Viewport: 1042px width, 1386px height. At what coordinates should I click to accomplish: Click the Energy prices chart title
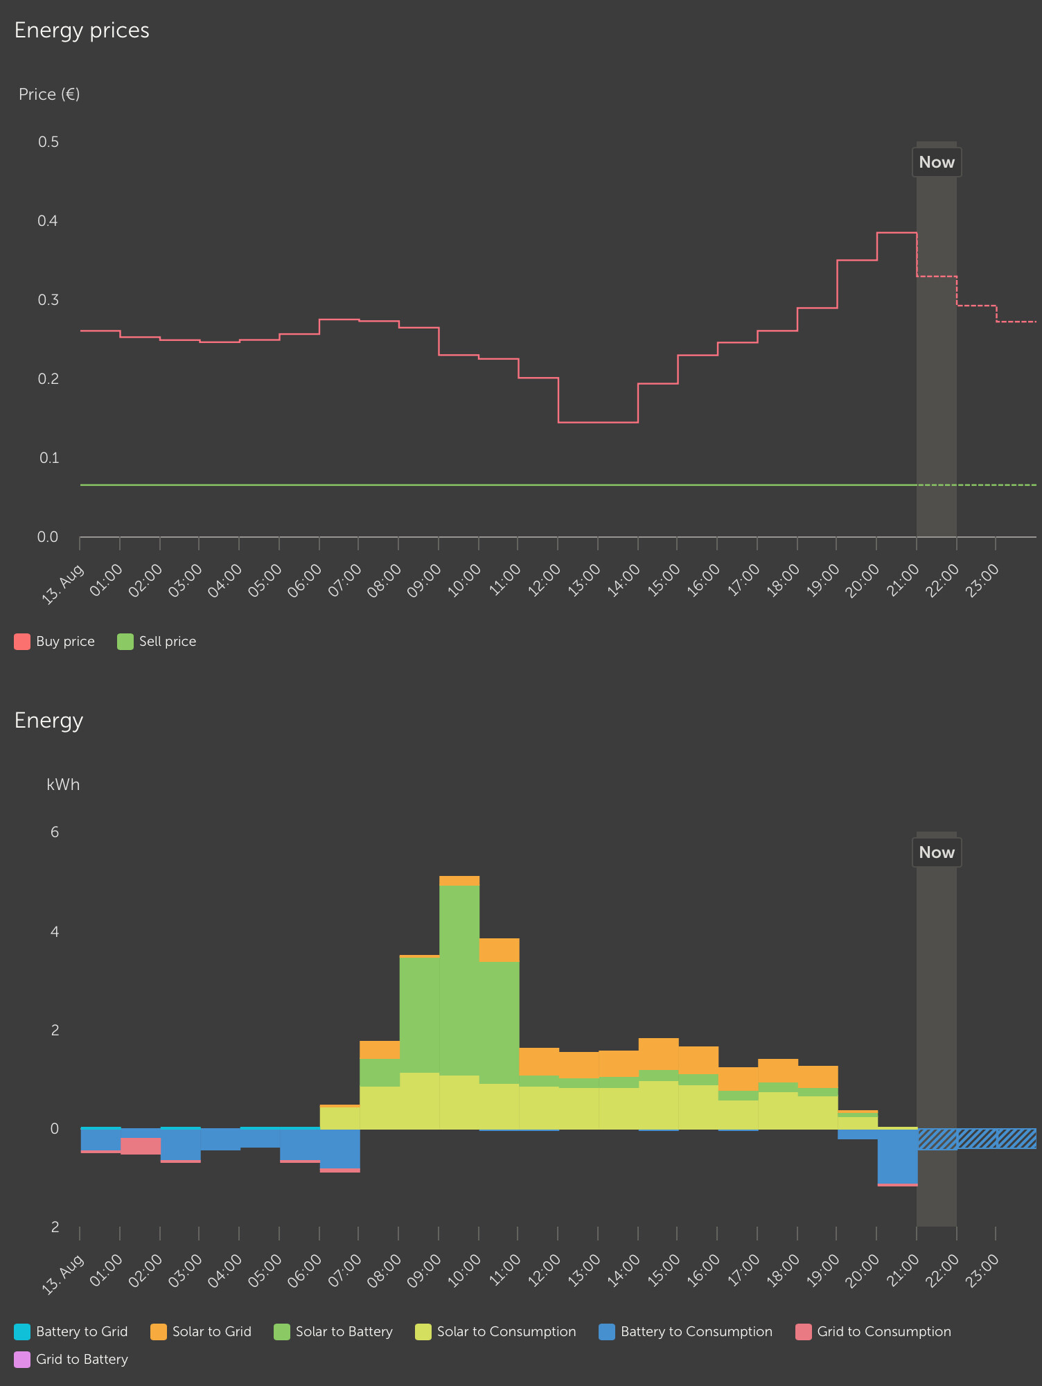[x=82, y=30]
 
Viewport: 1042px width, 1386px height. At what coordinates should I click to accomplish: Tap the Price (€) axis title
[x=49, y=94]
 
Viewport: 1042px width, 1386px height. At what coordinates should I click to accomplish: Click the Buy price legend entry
[x=55, y=642]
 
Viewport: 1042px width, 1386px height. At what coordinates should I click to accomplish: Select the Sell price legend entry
[x=157, y=642]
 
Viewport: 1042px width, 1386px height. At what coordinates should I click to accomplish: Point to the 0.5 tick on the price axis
[x=48, y=142]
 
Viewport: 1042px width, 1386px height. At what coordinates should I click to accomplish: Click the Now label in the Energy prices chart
[x=937, y=162]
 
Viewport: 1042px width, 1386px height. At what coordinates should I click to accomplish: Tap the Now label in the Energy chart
[x=937, y=852]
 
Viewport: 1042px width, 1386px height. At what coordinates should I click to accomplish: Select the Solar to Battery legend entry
[x=333, y=1331]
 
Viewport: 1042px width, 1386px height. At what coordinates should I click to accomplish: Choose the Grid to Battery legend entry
[x=71, y=1359]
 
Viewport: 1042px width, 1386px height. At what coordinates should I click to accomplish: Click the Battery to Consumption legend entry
[x=686, y=1331]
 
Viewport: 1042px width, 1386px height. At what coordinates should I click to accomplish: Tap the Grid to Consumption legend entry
[x=874, y=1331]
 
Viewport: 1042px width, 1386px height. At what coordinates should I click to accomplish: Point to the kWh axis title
[x=63, y=784]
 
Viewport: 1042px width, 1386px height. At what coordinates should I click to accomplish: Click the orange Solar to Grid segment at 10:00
[x=499, y=950]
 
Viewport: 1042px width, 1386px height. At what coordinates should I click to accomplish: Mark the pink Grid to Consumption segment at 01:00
[x=141, y=1146]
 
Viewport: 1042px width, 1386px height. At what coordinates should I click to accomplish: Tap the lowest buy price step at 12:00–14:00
[x=598, y=422]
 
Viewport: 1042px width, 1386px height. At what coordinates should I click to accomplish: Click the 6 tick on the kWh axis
[x=55, y=832]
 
